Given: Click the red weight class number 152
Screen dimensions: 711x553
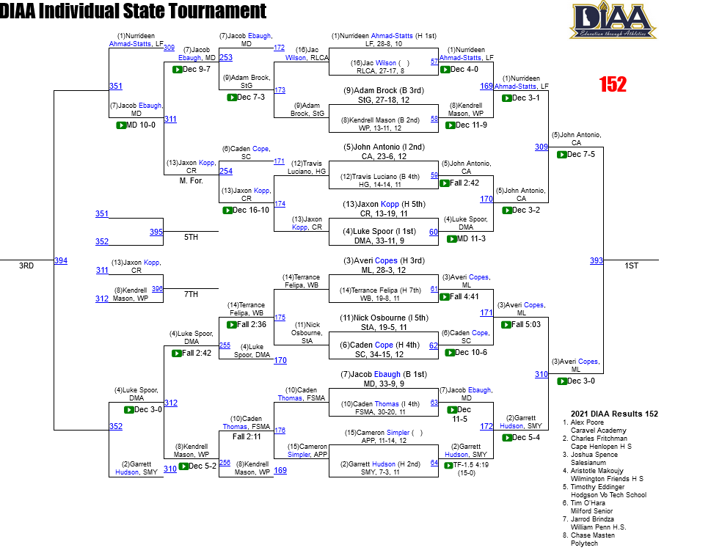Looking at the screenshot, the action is click(x=613, y=84).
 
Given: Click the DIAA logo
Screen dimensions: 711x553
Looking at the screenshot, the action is click(x=613, y=21).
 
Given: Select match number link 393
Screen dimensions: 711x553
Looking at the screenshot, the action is click(x=597, y=260).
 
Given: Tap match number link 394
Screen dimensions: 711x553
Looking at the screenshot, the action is click(x=60, y=260).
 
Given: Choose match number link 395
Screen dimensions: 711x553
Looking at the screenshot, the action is click(x=156, y=232).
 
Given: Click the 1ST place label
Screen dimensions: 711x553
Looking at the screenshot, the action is click(x=631, y=265).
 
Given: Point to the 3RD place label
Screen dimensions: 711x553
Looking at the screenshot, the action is click(x=26, y=265).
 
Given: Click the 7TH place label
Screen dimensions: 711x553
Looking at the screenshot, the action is click(x=191, y=294).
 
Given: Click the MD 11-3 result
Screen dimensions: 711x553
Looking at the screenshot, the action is click(x=470, y=238).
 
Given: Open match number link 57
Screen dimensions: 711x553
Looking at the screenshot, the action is click(x=434, y=62).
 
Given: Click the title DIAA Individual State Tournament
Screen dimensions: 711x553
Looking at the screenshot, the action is click(x=133, y=11).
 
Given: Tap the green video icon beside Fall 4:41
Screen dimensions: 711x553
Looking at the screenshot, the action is click(x=445, y=297).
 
